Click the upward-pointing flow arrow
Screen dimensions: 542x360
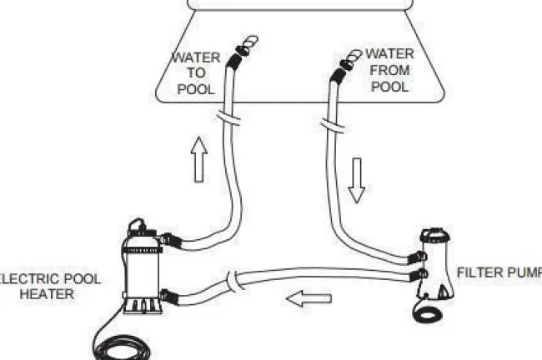199,159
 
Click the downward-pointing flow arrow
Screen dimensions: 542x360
356,180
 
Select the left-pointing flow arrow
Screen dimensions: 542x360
309,298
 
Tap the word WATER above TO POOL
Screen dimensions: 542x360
196,57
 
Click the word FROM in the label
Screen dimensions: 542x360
390,70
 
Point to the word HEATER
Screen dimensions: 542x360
47,294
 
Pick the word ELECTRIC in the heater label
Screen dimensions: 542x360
28,279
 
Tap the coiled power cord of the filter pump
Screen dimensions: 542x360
429,313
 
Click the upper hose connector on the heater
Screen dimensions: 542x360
170,240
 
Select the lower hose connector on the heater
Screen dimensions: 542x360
168,297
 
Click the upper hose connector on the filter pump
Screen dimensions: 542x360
417,257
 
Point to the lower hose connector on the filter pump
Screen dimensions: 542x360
419,275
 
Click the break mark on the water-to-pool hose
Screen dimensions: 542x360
228,117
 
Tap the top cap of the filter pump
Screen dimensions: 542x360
435,235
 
